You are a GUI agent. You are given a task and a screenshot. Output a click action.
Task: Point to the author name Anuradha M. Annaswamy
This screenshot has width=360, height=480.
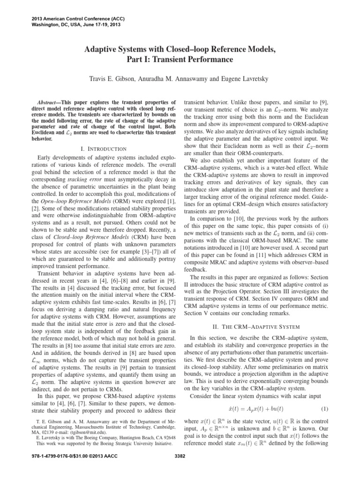[180, 79]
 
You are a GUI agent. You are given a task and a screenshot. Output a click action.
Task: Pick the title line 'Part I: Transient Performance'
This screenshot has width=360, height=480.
[180, 60]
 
